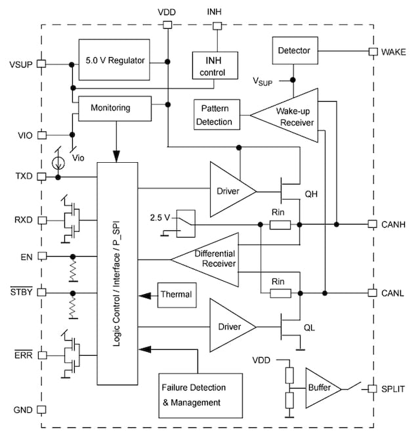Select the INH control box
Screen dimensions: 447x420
(x=214, y=64)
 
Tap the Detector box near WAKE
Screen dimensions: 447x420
(x=294, y=51)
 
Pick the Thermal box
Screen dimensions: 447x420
(x=177, y=294)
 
